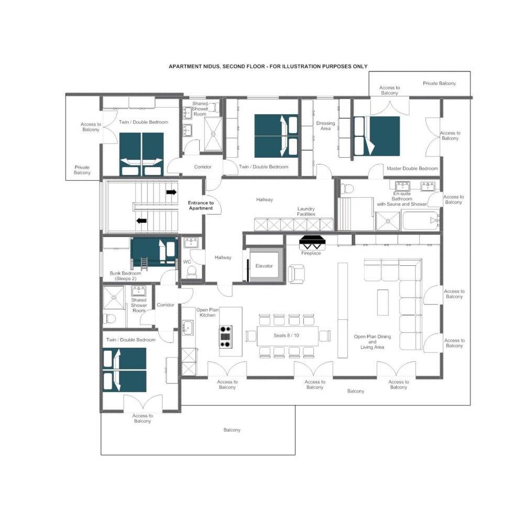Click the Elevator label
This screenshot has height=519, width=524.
pos(264,266)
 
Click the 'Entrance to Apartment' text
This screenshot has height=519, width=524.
pos(201,206)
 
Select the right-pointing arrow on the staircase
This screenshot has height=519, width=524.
pos(171,192)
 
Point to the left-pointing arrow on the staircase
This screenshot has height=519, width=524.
pos(141,221)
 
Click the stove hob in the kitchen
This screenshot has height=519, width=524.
pos(225,337)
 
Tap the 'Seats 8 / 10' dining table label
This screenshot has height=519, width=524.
pos(287,336)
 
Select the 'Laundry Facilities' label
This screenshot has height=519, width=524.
pos(306,211)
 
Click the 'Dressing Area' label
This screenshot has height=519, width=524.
pos(325,126)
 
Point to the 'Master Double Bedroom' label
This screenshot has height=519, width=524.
pos(412,168)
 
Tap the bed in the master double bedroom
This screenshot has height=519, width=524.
pos(377,136)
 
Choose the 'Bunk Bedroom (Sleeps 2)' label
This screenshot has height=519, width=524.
pos(125,276)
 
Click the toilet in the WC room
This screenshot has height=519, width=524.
pos(192,272)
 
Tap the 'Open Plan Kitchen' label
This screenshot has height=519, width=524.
pos(208,312)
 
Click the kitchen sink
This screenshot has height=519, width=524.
pos(188,327)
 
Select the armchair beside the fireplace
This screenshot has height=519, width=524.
pos(297,274)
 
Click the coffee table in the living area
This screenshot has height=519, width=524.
pos(383,302)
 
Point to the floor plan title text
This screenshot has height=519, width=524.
pos(268,67)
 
